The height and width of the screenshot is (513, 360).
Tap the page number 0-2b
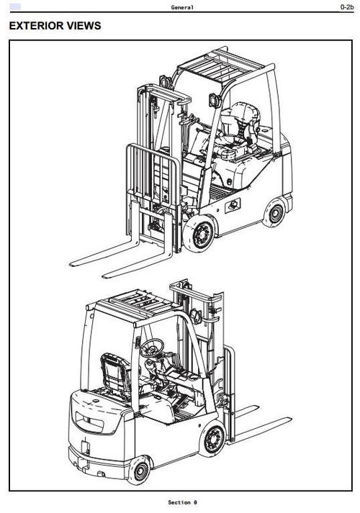[x=347, y=7]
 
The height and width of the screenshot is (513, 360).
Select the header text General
[x=182, y=7]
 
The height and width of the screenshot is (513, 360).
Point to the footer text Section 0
[x=183, y=502]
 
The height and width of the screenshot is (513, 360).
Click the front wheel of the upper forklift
[x=199, y=233]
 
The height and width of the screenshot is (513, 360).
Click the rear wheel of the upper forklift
[x=275, y=213]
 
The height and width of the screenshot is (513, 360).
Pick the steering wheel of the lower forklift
[x=152, y=348]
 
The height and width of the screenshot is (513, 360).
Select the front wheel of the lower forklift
[x=213, y=439]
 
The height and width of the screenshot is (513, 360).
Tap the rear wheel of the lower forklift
[x=140, y=471]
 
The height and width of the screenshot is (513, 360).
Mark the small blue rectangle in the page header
[x=15, y=6]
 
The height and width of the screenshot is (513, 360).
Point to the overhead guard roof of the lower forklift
[x=134, y=306]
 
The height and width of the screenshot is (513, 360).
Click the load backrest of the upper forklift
[x=153, y=173]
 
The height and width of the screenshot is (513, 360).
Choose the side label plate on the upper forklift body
[x=233, y=206]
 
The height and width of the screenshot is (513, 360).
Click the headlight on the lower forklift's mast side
[x=195, y=316]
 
